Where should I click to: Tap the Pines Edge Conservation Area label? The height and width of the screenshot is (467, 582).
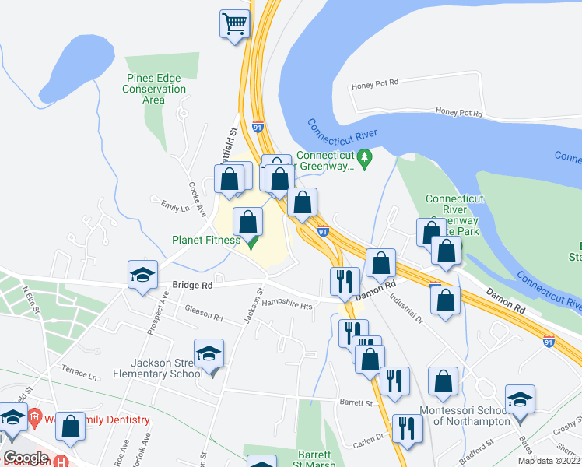tap(154, 89)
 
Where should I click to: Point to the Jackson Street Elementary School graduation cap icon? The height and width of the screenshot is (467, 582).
tap(209, 354)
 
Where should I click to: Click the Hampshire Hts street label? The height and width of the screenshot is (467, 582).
tap(286, 305)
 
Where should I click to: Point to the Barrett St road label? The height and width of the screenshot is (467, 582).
tap(357, 402)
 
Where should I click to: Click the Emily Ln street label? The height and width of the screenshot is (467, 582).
tap(174, 208)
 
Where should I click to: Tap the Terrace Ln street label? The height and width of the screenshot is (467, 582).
tap(80, 376)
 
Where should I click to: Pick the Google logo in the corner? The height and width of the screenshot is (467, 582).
tap(26, 458)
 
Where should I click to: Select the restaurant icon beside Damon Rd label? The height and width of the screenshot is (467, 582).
tap(344, 282)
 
